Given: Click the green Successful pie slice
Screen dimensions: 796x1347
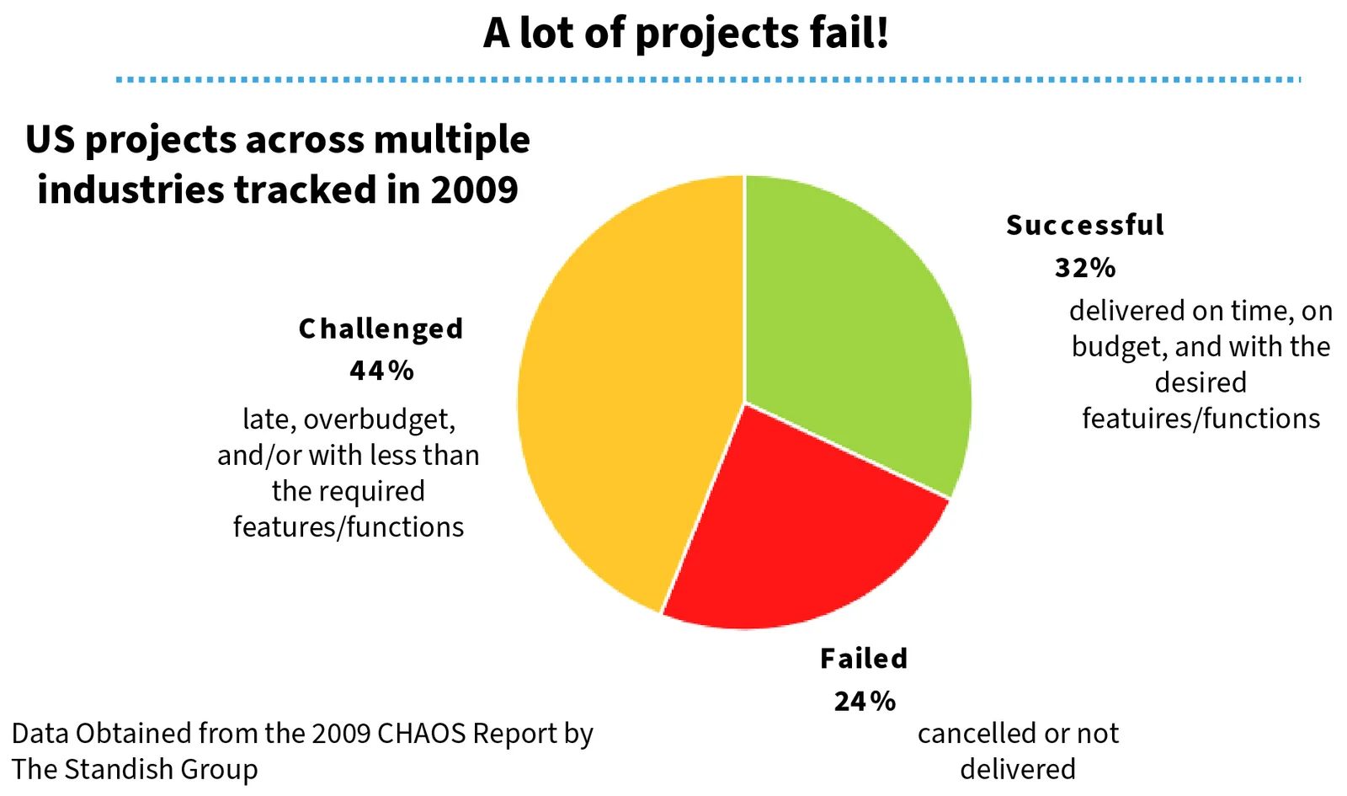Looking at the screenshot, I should [x=850, y=320].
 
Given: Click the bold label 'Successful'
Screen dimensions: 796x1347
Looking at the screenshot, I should [x=1085, y=225].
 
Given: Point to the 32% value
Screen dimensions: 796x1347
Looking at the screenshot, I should [x=1085, y=268].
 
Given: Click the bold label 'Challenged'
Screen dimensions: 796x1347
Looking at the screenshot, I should [x=381, y=329].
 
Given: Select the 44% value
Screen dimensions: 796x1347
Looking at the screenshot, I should [x=381, y=371].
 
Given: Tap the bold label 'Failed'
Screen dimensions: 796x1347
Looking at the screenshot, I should [x=864, y=658].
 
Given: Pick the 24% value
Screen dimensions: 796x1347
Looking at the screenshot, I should [x=865, y=701].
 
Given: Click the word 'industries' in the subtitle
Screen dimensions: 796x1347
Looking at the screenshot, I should [x=130, y=190].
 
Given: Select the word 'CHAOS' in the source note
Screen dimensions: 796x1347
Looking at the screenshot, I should [x=421, y=734].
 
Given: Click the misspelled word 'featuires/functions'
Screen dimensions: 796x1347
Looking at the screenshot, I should [x=1201, y=419].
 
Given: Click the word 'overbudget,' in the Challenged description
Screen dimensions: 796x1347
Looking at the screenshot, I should [x=379, y=419].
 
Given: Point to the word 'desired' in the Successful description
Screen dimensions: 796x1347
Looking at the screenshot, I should [x=1201, y=383].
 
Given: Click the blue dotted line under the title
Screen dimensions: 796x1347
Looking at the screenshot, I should [x=707, y=79].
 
